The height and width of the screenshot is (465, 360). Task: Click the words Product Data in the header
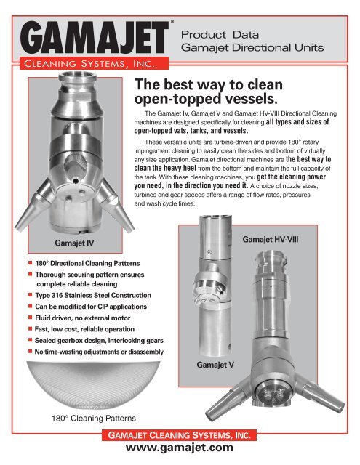215,34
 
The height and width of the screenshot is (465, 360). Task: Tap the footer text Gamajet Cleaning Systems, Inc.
180,435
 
